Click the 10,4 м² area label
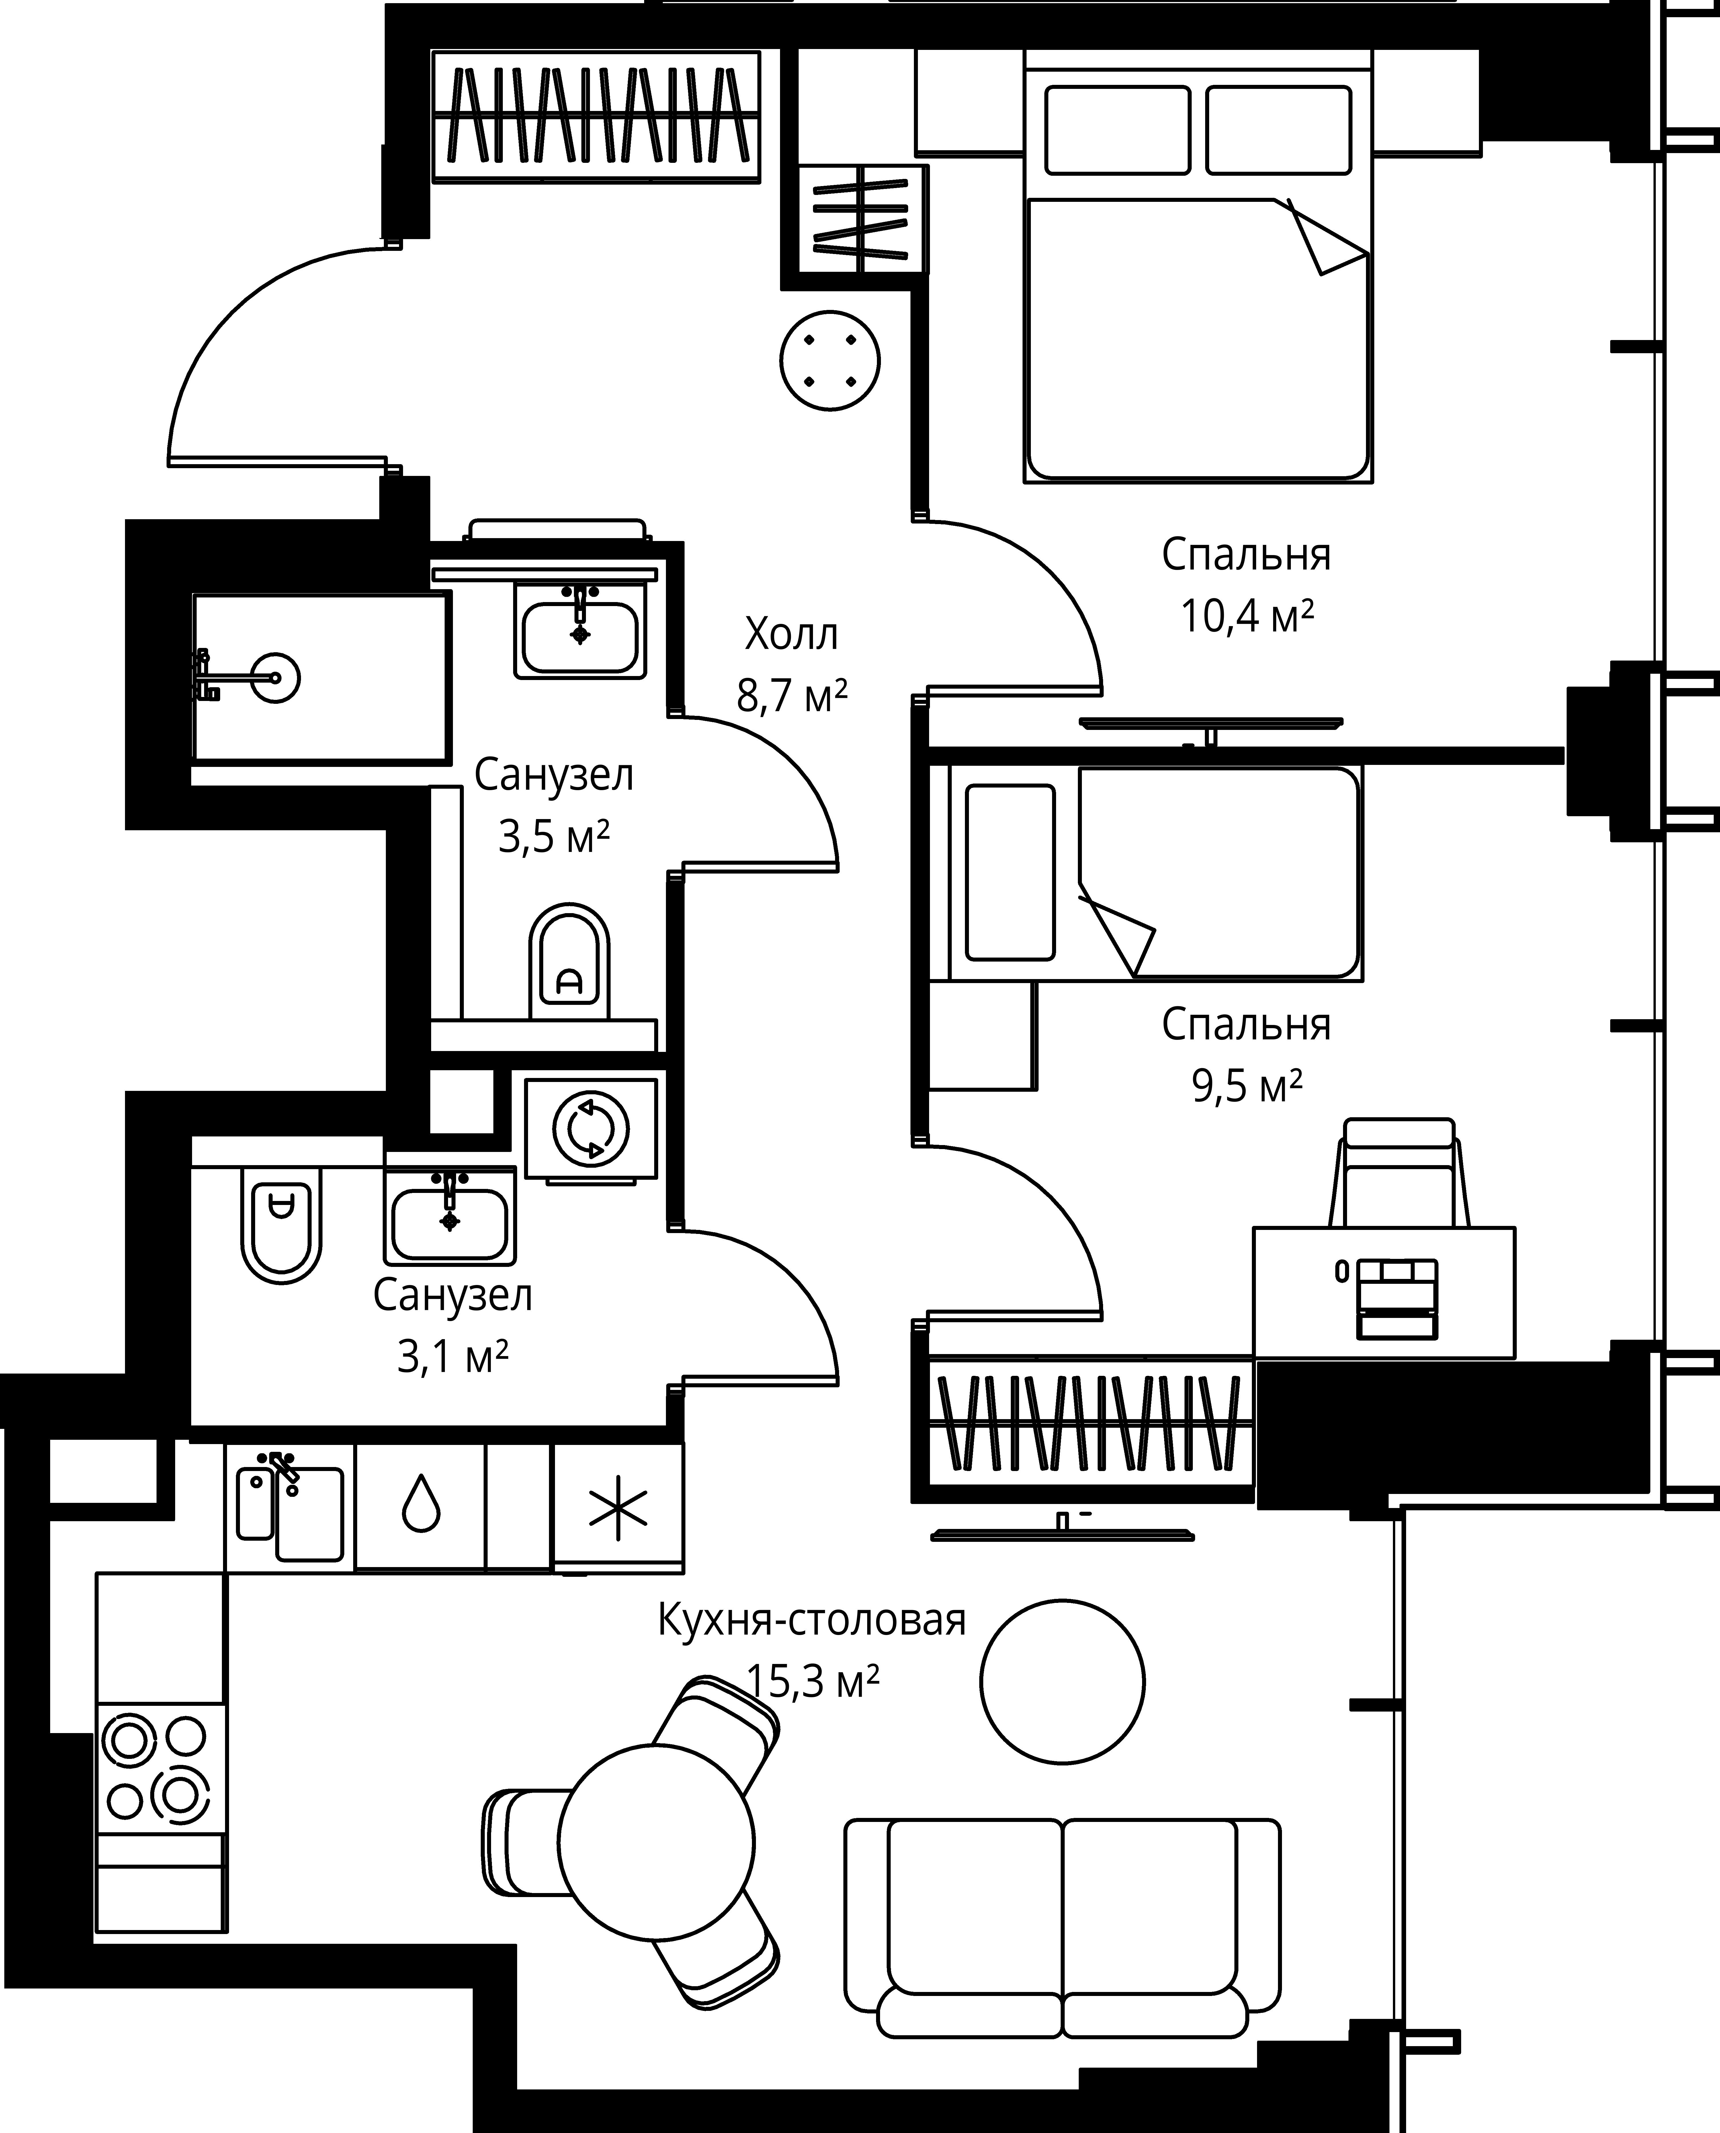(x=1246, y=616)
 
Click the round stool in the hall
(x=830, y=360)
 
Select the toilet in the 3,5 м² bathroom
(x=570, y=961)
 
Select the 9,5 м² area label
(x=1246, y=1087)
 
